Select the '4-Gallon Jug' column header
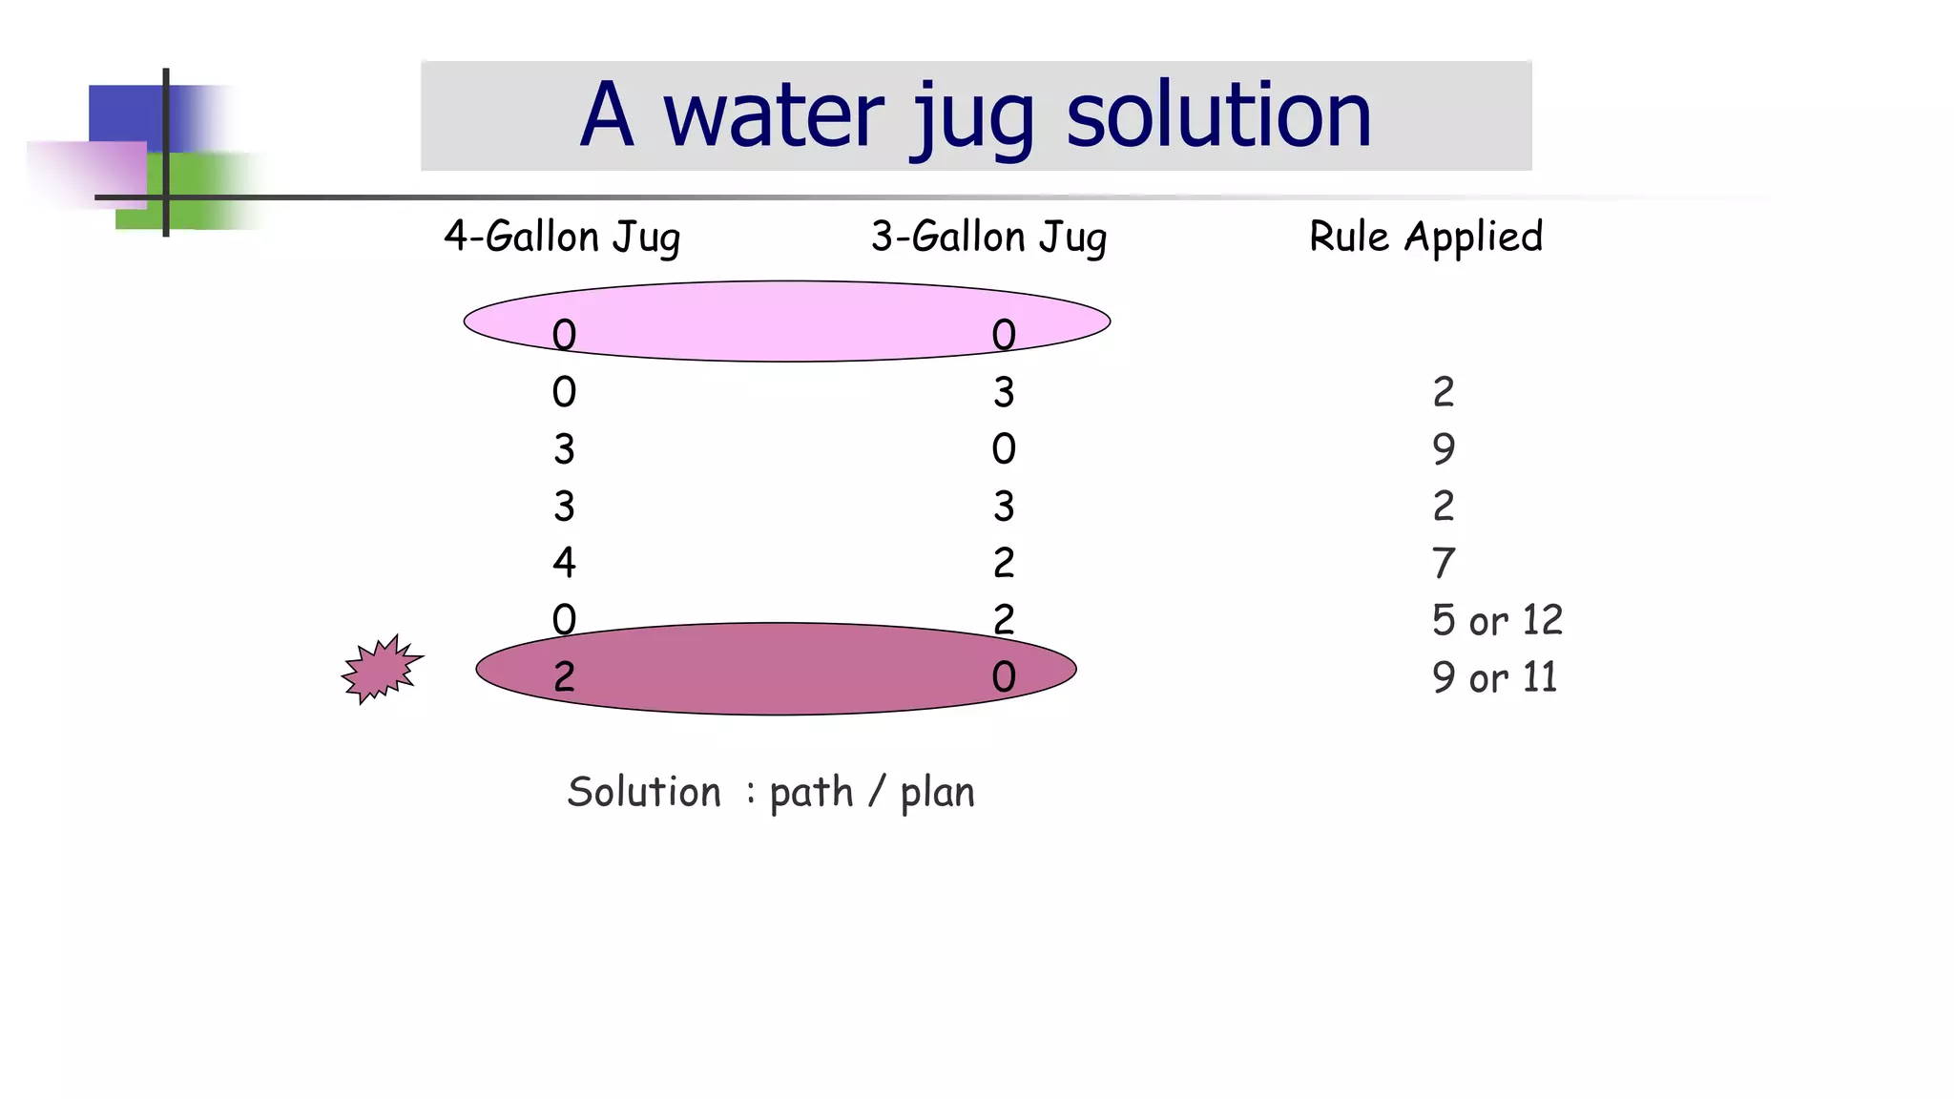pos(562,237)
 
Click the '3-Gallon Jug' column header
pos(988,237)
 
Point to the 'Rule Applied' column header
pos(1425,237)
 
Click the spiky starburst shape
pos(382,670)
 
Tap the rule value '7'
pos(1444,563)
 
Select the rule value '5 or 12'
pos(1497,620)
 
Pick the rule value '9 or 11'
pos(1494,677)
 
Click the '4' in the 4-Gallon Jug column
pos(564,563)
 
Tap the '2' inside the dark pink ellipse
pos(564,677)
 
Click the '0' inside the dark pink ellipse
pos(1004,677)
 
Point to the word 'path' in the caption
pos(811,793)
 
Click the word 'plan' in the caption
pos(937,793)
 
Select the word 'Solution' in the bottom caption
pos(644,792)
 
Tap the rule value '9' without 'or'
pos(1444,448)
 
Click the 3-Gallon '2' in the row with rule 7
pos(1004,563)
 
